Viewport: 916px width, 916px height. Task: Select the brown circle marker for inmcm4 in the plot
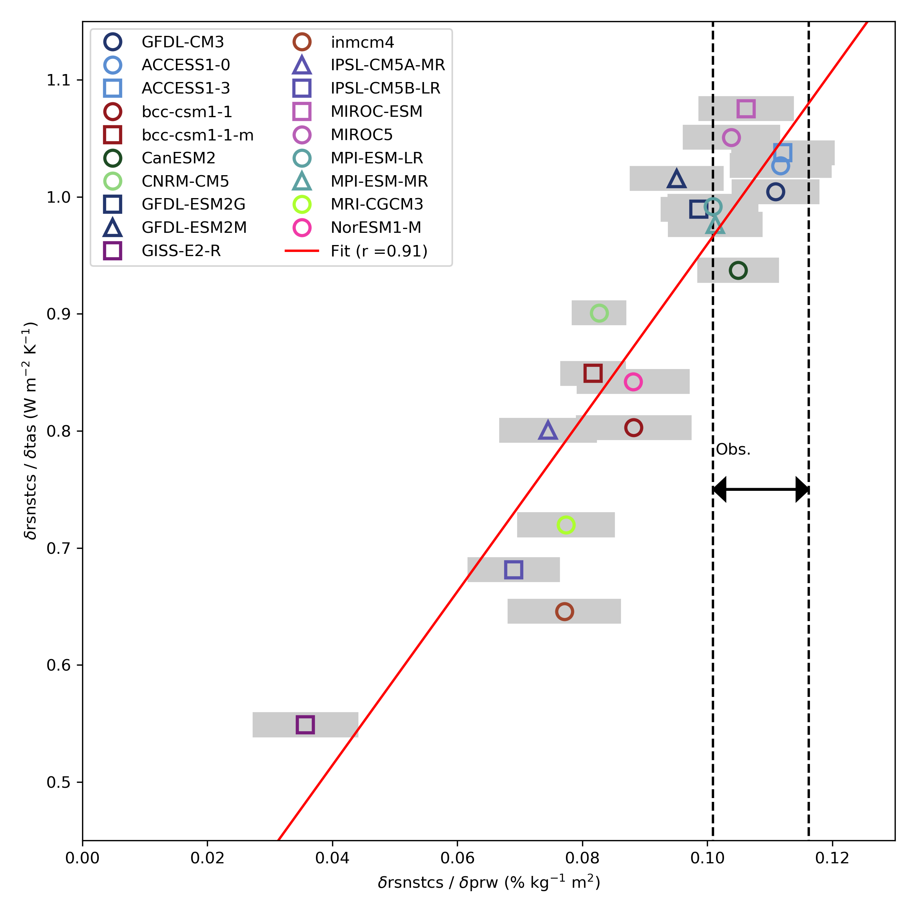(x=564, y=611)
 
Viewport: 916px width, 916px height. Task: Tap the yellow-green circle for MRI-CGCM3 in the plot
(x=566, y=525)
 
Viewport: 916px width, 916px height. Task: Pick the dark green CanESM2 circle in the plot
(x=738, y=270)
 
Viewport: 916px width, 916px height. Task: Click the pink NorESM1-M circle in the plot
(x=633, y=382)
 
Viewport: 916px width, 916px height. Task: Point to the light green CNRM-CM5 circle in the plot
(x=599, y=313)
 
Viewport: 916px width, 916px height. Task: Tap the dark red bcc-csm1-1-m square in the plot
(x=593, y=374)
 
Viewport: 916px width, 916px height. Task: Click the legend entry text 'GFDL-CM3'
(x=182, y=42)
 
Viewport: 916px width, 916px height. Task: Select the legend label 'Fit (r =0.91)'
(x=379, y=251)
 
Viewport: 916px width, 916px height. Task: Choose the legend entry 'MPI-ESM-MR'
(x=379, y=181)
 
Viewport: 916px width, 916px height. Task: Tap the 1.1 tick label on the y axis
(x=58, y=80)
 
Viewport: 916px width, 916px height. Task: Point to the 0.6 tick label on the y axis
(x=58, y=665)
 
